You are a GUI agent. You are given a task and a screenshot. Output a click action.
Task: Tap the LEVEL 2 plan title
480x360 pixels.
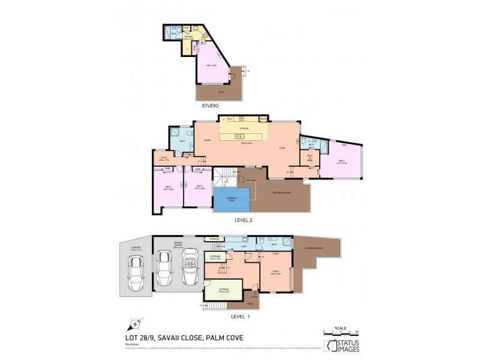[x=243, y=220]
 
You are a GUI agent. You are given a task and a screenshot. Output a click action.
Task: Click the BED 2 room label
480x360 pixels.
[x=169, y=187]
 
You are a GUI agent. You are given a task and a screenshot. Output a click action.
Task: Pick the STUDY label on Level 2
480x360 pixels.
[x=164, y=159]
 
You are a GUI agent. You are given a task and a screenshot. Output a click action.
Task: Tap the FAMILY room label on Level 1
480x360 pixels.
[x=275, y=271]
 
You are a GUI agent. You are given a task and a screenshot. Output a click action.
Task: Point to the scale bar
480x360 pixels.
[x=340, y=331]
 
